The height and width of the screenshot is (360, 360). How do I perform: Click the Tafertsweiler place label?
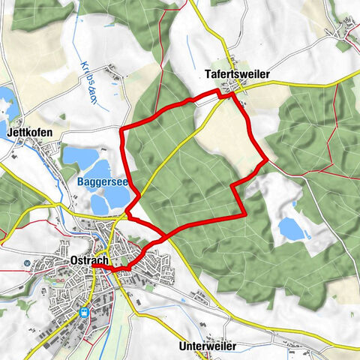(236, 75)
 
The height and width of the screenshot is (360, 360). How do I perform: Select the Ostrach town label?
(89, 259)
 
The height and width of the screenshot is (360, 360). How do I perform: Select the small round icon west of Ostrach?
(27, 263)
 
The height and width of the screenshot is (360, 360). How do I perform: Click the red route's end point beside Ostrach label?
(94, 265)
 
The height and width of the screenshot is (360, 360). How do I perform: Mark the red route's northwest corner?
(122, 129)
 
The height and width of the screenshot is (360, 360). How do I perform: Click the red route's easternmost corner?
(268, 158)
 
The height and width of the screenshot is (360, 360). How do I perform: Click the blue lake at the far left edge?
(4, 98)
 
